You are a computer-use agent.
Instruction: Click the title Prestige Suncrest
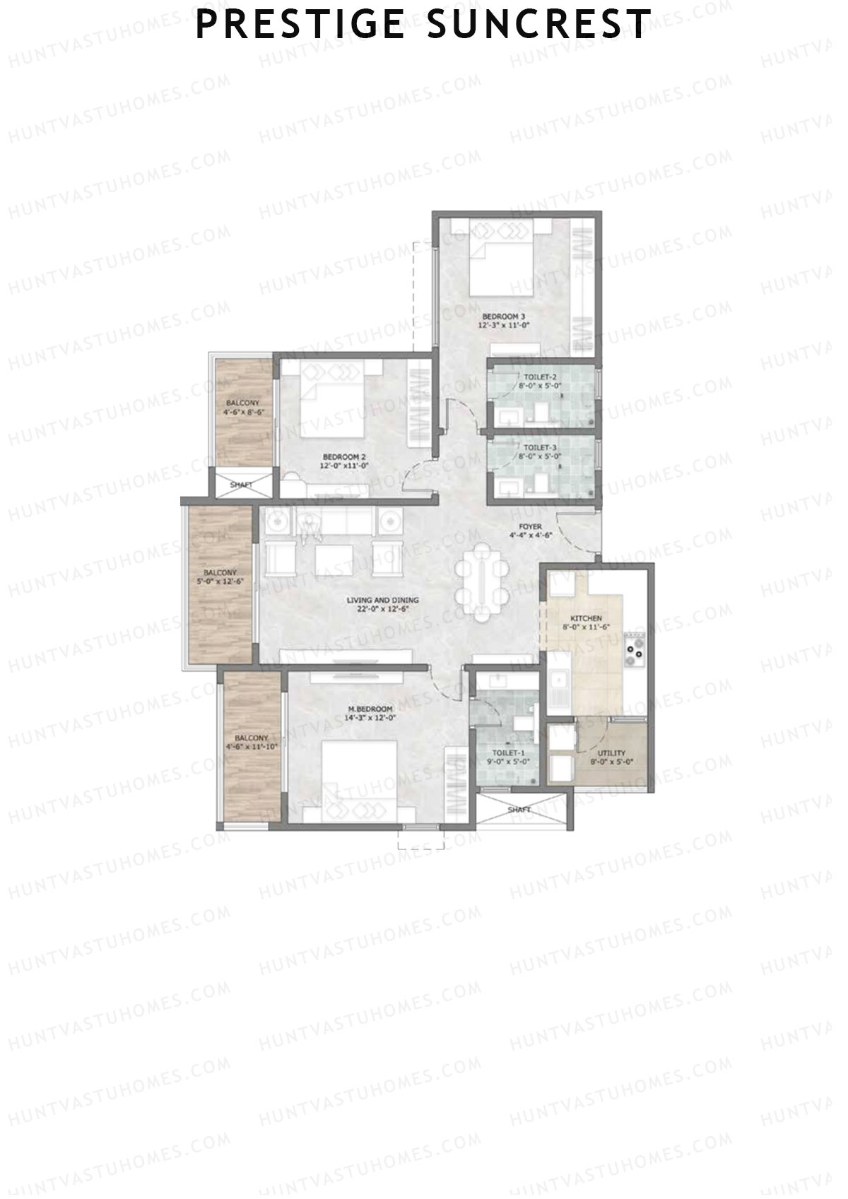[x=423, y=24]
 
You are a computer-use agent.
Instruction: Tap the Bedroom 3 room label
[x=504, y=316]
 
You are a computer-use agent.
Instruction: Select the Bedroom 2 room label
[x=343, y=456]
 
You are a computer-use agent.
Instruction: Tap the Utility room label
[x=612, y=753]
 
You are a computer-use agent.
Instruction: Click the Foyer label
[x=530, y=526]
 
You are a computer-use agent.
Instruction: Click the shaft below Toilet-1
[x=520, y=810]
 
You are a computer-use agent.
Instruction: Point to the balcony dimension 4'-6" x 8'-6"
[x=242, y=411]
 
